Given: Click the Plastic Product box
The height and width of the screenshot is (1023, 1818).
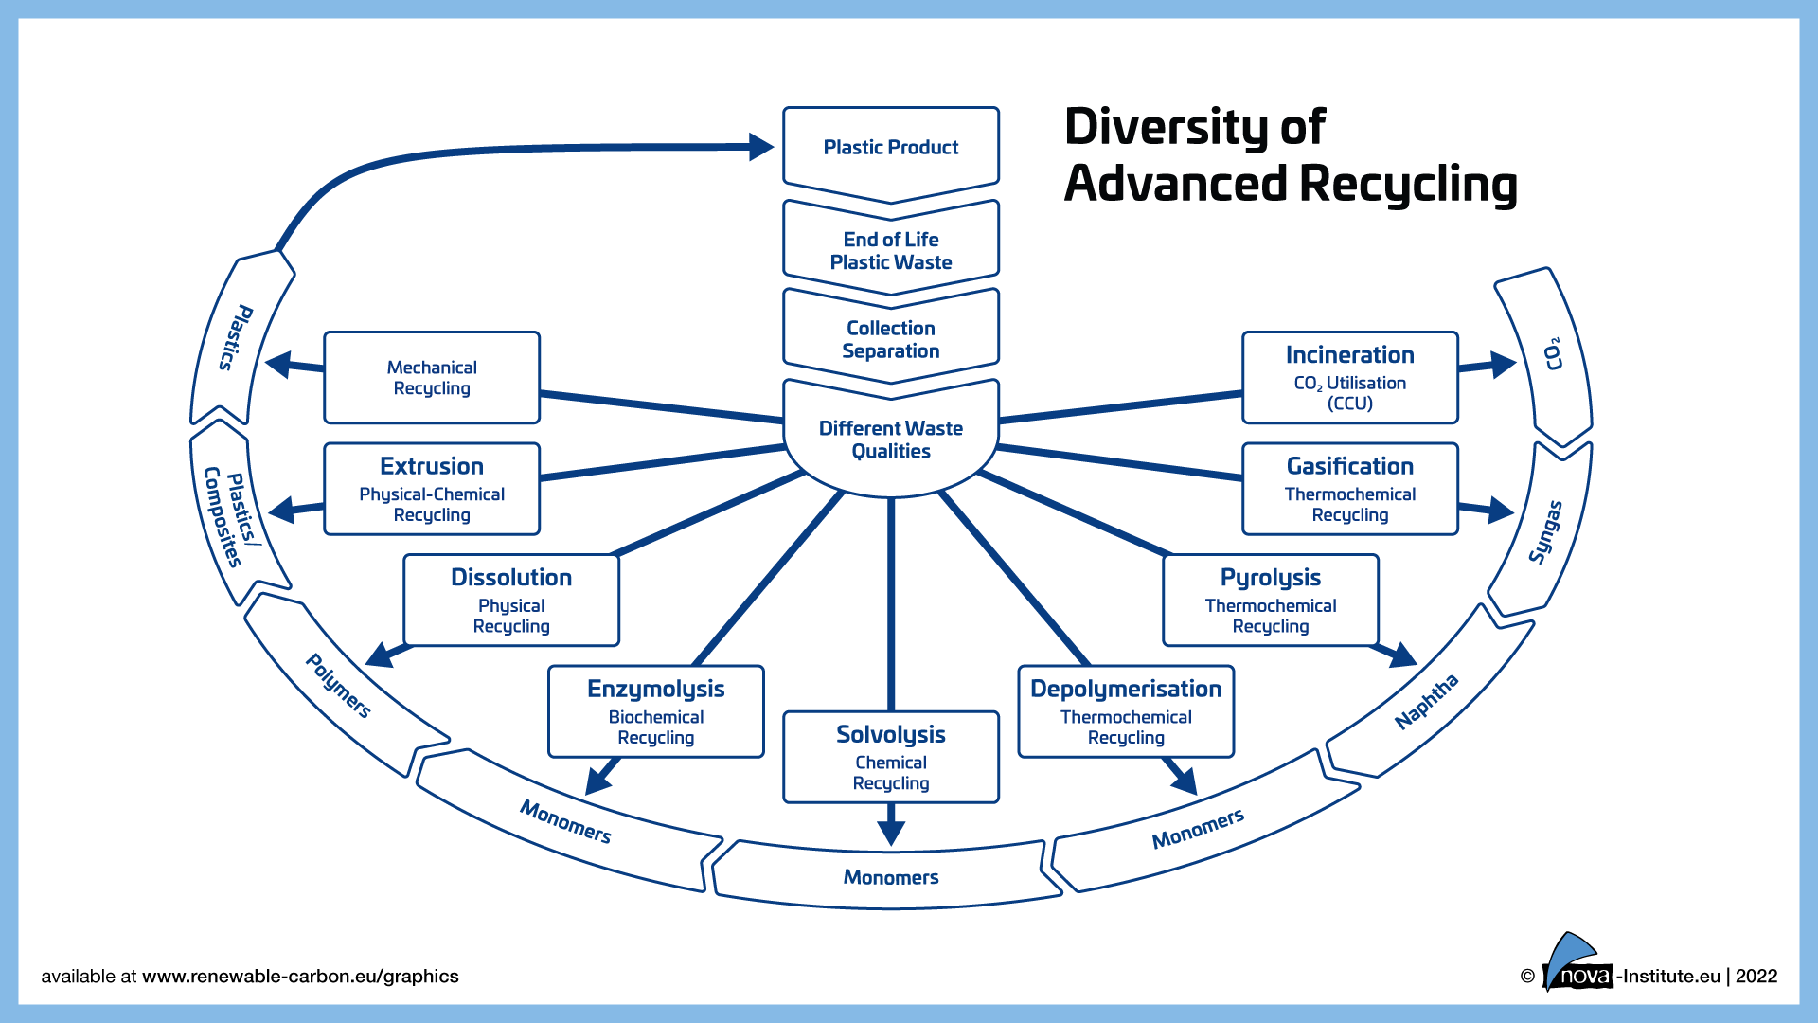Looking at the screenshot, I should (890, 148).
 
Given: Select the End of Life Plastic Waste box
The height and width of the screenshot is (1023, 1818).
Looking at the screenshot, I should (890, 250).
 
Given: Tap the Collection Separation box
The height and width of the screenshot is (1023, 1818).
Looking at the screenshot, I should (890, 339).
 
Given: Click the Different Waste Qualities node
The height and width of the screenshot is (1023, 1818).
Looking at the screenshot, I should (890, 440).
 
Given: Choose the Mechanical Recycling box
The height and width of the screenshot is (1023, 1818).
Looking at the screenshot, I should (432, 378).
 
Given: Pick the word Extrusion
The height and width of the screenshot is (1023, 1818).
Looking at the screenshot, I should (432, 466).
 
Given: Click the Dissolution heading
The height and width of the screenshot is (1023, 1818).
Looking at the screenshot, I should (511, 577).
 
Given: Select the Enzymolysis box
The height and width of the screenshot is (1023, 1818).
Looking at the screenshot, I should (655, 711).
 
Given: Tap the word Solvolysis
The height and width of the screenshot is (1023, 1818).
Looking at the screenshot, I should (890, 734).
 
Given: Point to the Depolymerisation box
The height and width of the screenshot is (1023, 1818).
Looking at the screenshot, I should (1126, 711).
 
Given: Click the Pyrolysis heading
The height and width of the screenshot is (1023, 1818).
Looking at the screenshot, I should (1270, 577).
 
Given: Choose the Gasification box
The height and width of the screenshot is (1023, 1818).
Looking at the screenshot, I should (1349, 489).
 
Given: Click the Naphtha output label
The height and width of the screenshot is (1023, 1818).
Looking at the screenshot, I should (1427, 702).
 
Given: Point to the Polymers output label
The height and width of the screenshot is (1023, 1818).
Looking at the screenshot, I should (338, 686).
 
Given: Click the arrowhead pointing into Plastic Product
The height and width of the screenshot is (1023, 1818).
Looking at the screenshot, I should (761, 147).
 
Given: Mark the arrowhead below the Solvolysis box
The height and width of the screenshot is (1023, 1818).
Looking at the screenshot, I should (891, 832).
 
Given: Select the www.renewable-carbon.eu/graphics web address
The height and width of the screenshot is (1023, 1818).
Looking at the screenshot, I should (300, 977).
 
